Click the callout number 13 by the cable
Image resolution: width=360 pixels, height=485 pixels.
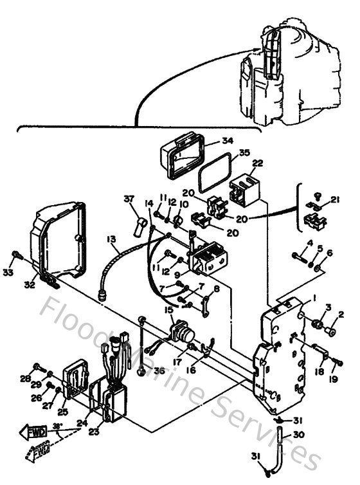[111, 241]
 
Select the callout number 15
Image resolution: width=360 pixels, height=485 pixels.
[169, 311]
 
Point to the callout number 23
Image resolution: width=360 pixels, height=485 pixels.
[94, 432]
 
